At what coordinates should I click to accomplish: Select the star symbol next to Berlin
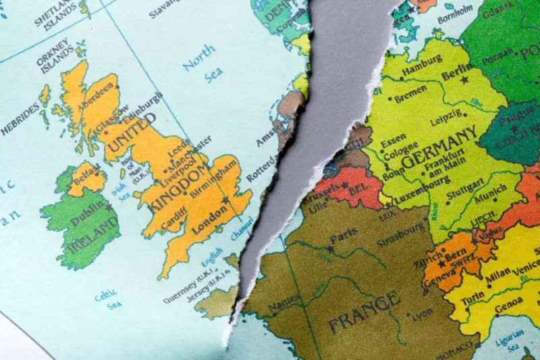coord(464,80)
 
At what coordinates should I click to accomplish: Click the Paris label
coord(344,238)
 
